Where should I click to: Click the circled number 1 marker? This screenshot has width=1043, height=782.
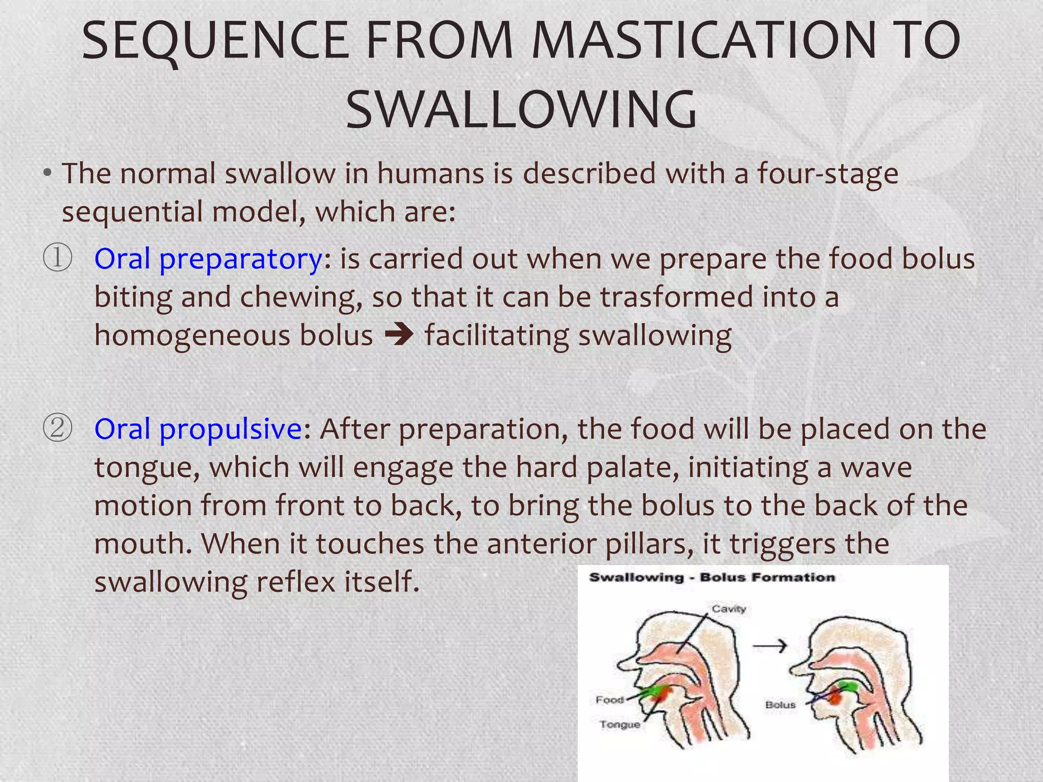pyautogui.click(x=57, y=258)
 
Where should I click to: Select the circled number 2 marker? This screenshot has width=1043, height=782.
pyautogui.click(x=57, y=428)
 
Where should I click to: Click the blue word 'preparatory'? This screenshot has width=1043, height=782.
pyautogui.click(x=240, y=260)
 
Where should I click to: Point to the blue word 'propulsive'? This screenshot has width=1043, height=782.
pyautogui.click(x=232, y=429)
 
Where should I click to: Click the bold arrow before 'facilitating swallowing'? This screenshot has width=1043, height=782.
pyautogui.click(x=399, y=336)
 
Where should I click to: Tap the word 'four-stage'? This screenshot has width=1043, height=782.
pyautogui.click(x=828, y=174)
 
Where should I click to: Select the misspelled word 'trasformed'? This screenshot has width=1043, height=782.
pyautogui.click(x=676, y=297)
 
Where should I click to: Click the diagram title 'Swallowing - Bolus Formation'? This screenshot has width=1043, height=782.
pyautogui.click(x=712, y=577)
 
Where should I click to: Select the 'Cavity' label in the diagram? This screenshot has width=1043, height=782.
pyautogui.click(x=729, y=609)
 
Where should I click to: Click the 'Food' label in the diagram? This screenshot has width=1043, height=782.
pyautogui.click(x=610, y=700)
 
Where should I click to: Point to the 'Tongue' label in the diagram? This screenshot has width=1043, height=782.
pyautogui.click(x=619, y=724)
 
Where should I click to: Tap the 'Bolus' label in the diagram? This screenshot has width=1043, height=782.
pyautogui.click(x=780, y=705)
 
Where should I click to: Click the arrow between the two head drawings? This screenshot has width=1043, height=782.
pyautogui.click(x=770, y=646)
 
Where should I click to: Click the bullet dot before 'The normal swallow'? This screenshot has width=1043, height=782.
pyautogui.click(x=47, y=174)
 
